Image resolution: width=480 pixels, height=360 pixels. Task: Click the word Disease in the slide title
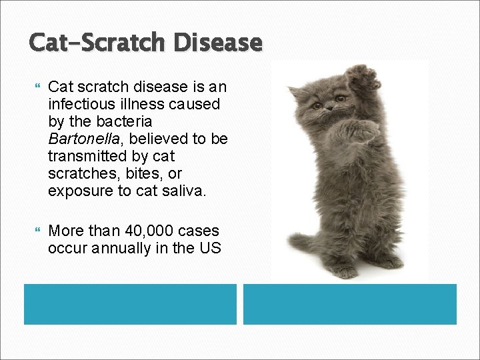pyautogui.click(x=218, y=43)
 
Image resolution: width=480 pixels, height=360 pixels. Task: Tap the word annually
pyautogui.click(x=120, y=248)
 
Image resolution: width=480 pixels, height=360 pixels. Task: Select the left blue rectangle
pyautogui.click(x=130, y=304)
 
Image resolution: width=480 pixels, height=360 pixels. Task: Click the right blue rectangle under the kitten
pyautogui.click(x=349, y=304)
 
